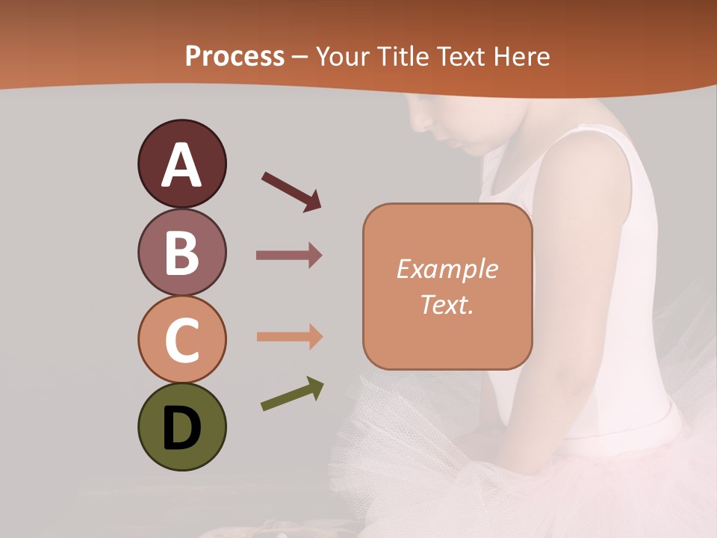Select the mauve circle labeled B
pos(181,253)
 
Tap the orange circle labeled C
pos(181,339)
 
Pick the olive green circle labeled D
pos(181,427)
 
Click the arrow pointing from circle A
pos(291,191)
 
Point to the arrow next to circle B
pos(289,256)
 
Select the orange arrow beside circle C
pos(289,337)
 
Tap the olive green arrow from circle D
pos(292,395)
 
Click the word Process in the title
pos(235,56)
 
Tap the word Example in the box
pos(447,269)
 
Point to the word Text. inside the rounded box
pos(447,304)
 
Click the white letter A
pos(181,165)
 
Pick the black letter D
pos(181,429)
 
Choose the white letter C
pos(181,341)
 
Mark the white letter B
pos(181,254)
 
